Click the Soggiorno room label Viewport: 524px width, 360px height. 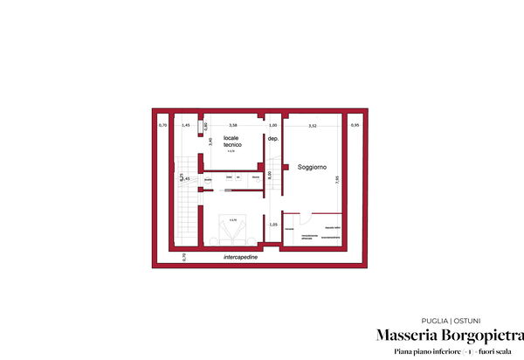[x=311, y=166]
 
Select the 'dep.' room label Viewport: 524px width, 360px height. [x=272, y=139]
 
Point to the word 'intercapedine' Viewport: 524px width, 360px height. [x=240, y=258]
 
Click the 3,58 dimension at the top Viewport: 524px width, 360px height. [x=233, y=127]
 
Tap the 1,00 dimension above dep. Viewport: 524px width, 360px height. [x=272, y=127]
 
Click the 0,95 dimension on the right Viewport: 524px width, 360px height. [x=355, y=127]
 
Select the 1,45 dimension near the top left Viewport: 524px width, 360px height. [x=185, y=127]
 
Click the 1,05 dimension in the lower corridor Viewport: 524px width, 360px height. [x=273, y=225]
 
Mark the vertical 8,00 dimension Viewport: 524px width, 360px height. [x=271, y=175]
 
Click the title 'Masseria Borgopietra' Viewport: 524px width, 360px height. [x=449, y=336]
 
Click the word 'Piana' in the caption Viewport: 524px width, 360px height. [x=405, y=350]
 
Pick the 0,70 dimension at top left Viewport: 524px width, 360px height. [x=162, y=127]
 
